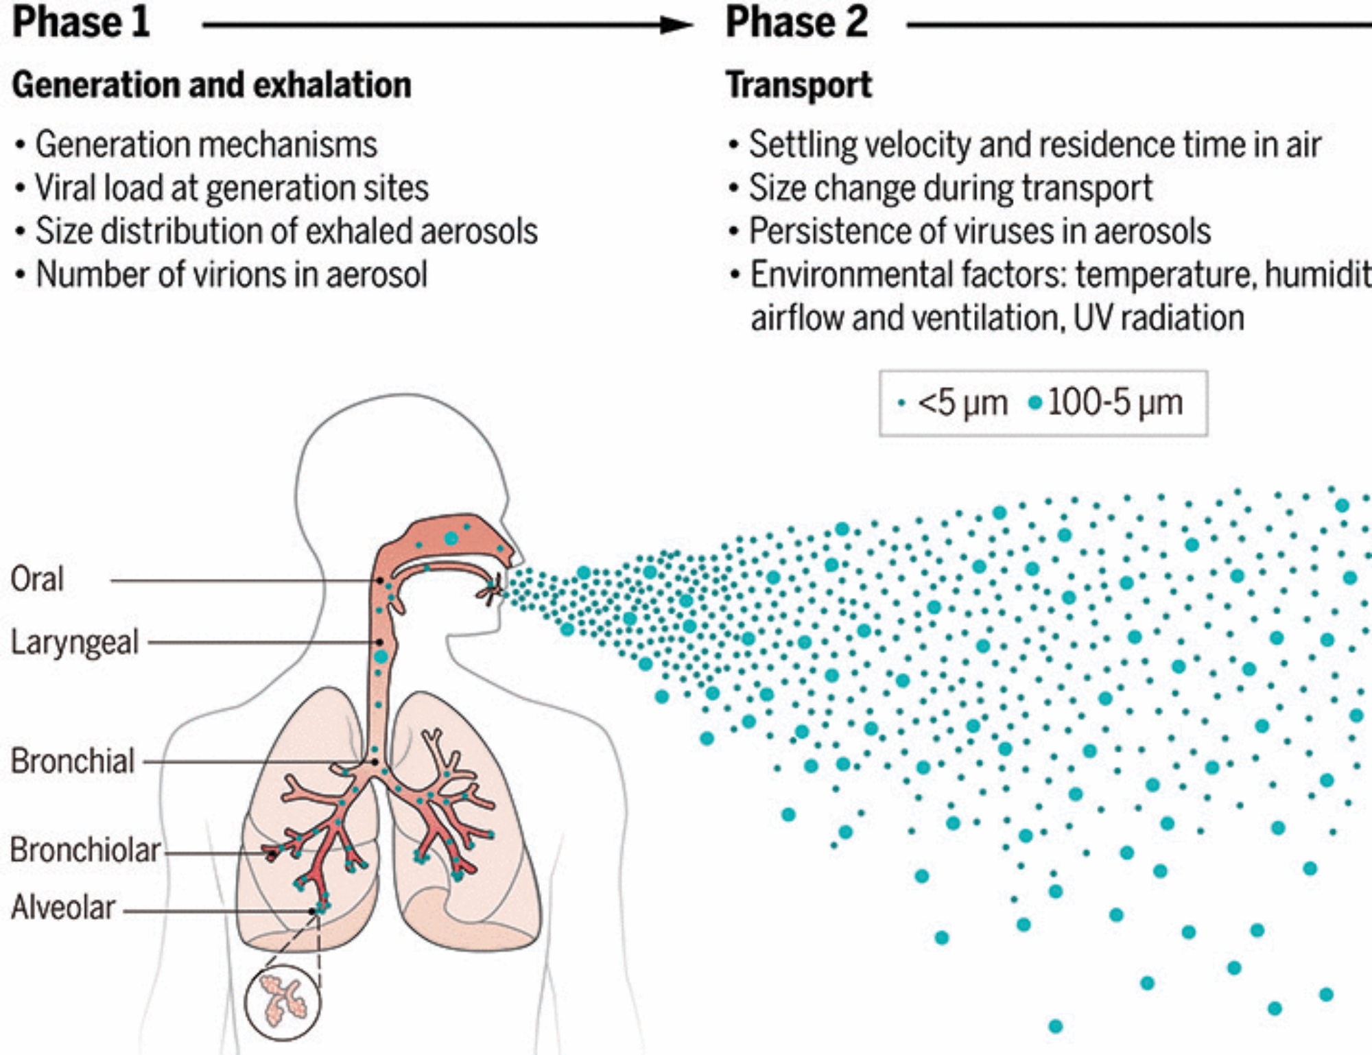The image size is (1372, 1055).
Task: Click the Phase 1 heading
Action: [x=81, y=22]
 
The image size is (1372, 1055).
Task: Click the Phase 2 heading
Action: [x=796, y=22]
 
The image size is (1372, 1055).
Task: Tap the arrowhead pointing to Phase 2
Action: [x=676, y=25]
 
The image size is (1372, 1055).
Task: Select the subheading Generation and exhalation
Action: [x=211, y=85]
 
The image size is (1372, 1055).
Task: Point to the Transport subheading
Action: [x=799, y=85]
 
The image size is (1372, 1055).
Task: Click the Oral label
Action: [x=37, y=580]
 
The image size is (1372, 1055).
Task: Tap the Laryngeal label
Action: [x=74, y=643]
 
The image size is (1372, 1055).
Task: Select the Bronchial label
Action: [x=72, y=761]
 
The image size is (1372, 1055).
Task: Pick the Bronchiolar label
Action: [x=85, y=850]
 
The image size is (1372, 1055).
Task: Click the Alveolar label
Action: [x=63, y=908]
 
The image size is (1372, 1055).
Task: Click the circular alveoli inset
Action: [x=282, y=1002]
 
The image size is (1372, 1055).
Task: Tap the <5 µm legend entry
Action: [x=954, y=403]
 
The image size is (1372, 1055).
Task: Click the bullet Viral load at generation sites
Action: [x=232, y=188]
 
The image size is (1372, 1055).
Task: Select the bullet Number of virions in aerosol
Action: [x=231, y=274]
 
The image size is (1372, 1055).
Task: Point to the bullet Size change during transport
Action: [x=950, y=188]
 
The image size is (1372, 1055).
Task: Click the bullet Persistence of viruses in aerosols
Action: [x=980, y=231]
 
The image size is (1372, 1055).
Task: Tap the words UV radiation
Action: [x=1159, y=318]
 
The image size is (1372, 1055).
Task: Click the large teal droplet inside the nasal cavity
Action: [x=451, y=538]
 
